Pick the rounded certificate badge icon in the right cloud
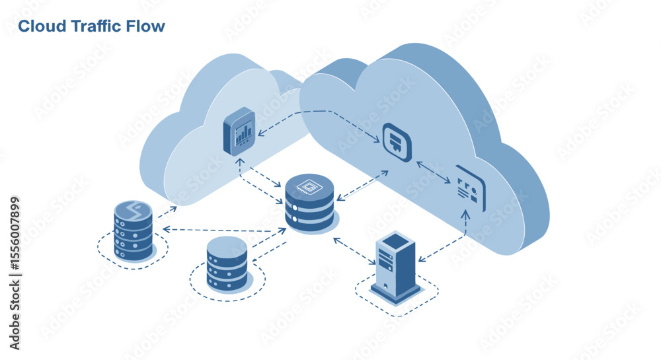click(397, 142)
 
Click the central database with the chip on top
click(309, 202)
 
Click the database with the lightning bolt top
click(134, 231)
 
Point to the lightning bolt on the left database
click(134, 209)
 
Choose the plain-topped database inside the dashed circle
click(227, 264)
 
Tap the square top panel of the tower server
click(395, 241)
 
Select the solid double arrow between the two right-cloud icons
click(434, 172)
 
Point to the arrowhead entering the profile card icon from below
click(465, 214)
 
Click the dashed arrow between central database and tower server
click(354, 251)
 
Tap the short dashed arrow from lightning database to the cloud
click(167, 212)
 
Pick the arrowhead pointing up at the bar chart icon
click(240, 162)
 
